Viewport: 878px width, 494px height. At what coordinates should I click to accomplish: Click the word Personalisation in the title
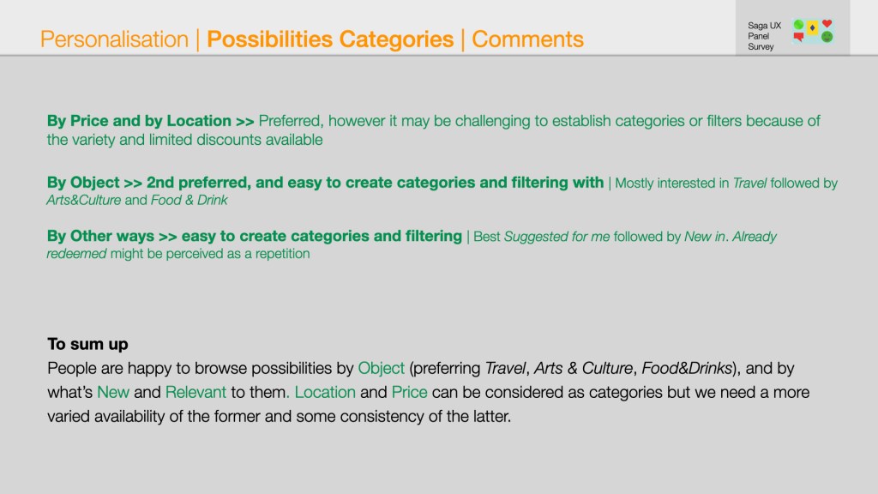[114, 39]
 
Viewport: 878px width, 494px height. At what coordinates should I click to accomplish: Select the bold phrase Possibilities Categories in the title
[330, 39]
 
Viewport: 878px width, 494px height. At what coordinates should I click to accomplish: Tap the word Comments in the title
[527, 39]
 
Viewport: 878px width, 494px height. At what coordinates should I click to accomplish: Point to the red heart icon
[827, 23]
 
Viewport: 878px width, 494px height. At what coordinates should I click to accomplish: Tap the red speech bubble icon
[798, 37]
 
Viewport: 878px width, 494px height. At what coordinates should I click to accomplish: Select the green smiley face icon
[827, 37]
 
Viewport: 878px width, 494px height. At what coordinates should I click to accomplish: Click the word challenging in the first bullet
[492, 121]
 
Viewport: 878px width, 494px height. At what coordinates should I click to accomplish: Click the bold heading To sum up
[87, 344]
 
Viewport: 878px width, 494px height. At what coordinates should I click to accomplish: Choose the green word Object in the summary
[381, 368]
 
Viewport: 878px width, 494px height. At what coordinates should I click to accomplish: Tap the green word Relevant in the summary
[195, 392]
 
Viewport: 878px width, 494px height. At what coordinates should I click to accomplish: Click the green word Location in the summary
[325, 392]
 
